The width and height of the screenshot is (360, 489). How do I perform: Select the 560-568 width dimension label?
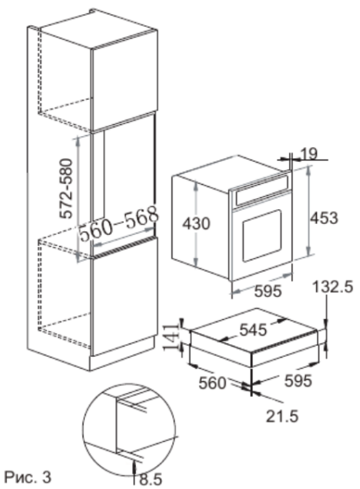(119, 223)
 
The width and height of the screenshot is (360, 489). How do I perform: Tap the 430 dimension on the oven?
(197, 223)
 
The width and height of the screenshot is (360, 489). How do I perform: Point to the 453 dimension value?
(324, 217)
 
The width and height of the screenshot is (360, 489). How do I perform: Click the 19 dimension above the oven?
(309, 153)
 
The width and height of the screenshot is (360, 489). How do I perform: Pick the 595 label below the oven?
(268, 292)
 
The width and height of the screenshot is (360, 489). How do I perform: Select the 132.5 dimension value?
(333, 287)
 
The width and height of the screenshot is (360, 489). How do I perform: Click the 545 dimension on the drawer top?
(253, 329)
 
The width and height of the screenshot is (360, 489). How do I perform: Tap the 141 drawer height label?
(171, 338)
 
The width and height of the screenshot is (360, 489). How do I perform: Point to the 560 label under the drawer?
(212, 383)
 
